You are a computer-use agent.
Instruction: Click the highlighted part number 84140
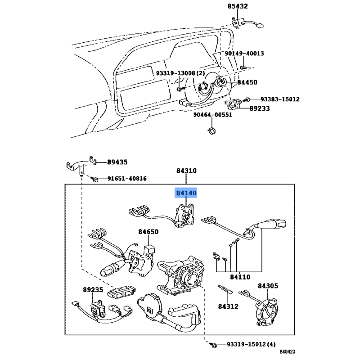tap(186, 193)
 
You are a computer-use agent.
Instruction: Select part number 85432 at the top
tap(238, 6)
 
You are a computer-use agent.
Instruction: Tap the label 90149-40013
tap(244, 54)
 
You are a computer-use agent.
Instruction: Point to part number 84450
tap(247, 82)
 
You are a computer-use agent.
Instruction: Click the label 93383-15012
tap(280, 99)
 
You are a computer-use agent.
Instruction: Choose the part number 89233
tap(260, 108)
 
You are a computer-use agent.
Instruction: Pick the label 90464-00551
tap(212, 115)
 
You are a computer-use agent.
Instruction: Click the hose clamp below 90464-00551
tap(212, 130)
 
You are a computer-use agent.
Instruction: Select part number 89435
tap(117, 162)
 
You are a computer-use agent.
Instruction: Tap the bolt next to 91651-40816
tap(94, 179)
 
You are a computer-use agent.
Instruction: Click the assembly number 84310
tap(186, 171)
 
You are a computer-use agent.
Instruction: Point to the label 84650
tap(148, 232)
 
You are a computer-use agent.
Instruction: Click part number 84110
tap(240, 277)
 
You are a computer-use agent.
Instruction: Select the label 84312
tap(228, 306)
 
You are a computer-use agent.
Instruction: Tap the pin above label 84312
tap(225, 289)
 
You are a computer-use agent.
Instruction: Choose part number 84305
tap(268, 286)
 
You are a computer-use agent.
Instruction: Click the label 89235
tap(93, 290)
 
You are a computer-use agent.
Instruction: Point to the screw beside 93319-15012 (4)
tap(213, 345)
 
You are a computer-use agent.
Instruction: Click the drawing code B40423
tap(287, 352)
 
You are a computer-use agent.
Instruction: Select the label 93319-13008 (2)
tap(180, 73)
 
